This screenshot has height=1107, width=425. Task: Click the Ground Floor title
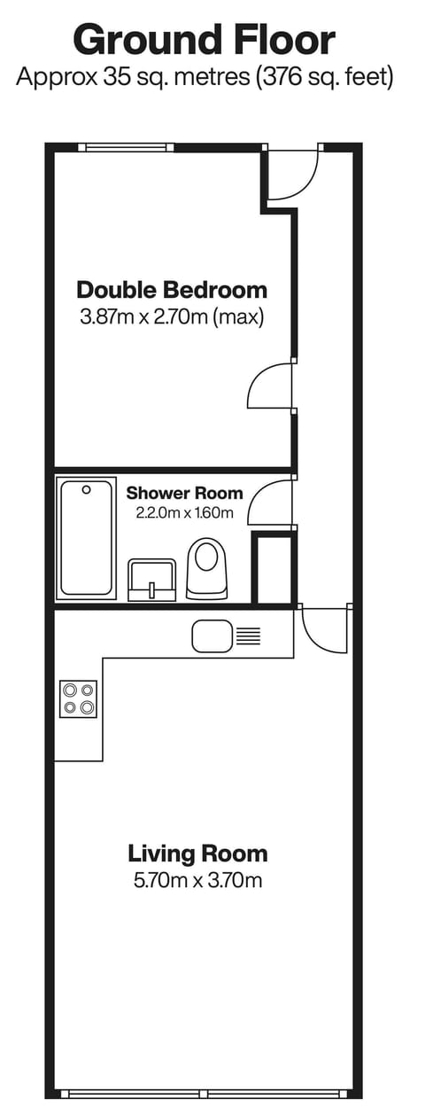pos(205,40)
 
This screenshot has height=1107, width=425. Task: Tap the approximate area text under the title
pos(205,77)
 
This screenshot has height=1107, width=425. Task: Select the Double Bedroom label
pos(172,289)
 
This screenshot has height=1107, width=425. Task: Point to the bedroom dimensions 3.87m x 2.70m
pos(172,317)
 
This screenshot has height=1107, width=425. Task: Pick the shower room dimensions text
pos(184,512)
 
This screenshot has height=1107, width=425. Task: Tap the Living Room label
pos(197,854)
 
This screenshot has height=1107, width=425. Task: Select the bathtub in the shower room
pos(87,538)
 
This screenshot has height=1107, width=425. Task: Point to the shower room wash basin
pos(152,580)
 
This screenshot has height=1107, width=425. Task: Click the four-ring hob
pos(78,698)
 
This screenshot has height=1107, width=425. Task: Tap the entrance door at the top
pos(292,173)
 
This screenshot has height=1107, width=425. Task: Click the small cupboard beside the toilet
pos(274,569)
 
